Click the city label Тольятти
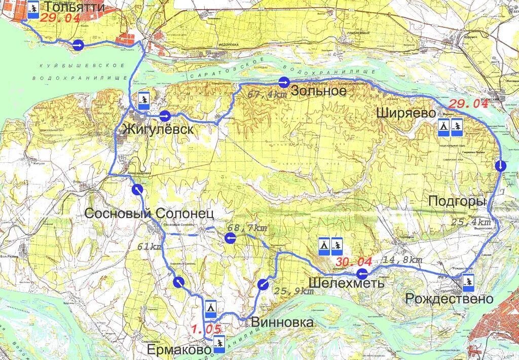(x=75, y=7)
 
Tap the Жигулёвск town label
(x=158, y=129)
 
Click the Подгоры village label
(x=457, y=201)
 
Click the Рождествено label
(x=449, y=299)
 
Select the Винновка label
(x=282, y=322)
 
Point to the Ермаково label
(x=179, y=350)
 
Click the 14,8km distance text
(x=403, y=260)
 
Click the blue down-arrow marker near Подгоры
(x=500, y=166)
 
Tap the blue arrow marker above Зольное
(x=284, y=82)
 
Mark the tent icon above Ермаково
(x=211, y=307)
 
